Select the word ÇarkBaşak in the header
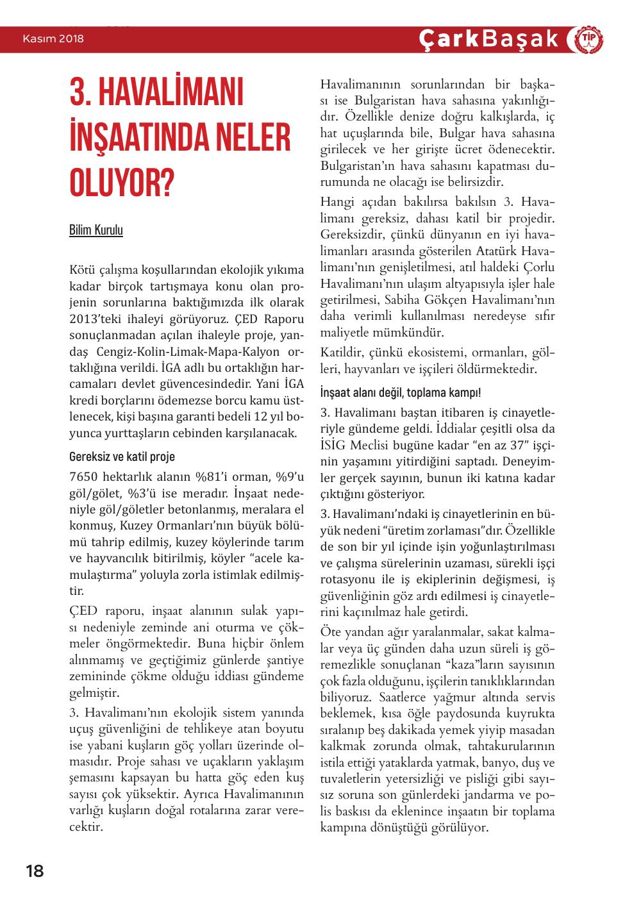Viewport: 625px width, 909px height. point(488,39)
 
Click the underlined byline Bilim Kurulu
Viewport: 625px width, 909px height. point(96,230)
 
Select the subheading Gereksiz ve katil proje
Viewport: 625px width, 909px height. point(121,457)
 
